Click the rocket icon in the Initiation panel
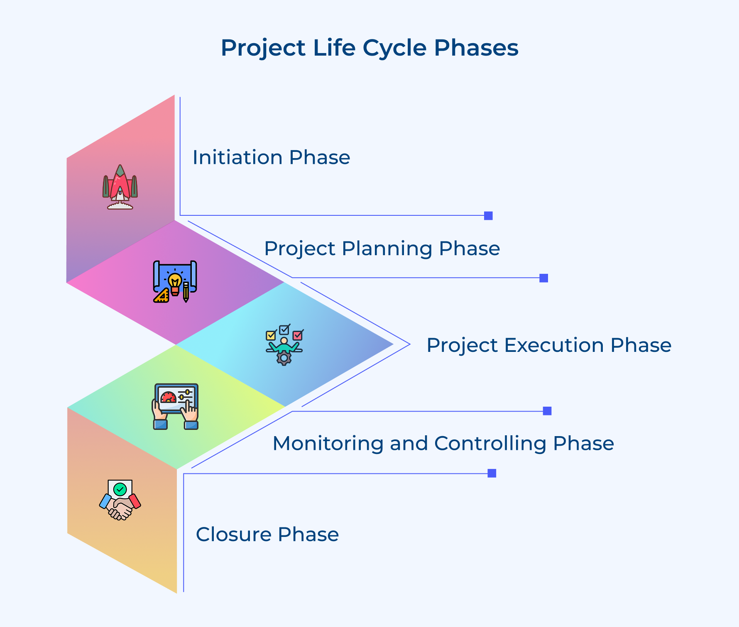pyautogui.click(x=120, y=187)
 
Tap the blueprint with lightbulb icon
pyautogui.click(x=175, y=281)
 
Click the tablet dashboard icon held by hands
pyautogui.click(x=176, y=406)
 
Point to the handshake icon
pyautogui.click(x=120, y=500)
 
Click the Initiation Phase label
pyautogui.click(x=271, y=158)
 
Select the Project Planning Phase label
pyautogui.click(x=382, y=249)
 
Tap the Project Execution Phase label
pyautogui.click(x=548, y=345)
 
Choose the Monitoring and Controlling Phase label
pyautogui.click(x=443, y=443)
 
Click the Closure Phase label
pyautogui.click(x=267, y=534)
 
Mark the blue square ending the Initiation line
pyautogui.click(x=488, y=216)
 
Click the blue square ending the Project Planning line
pyautogui.click(x=543, y=278)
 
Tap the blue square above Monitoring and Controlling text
pyautogui.click(x=547, y=411)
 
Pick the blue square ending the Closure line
pyautogui.click(x=492, y=473)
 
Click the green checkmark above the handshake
pyautogui.click(x=120, y=490)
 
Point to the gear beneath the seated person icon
pyautogui.click(x=284, y=358)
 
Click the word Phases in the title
pyautogui.click(x=476, y=48)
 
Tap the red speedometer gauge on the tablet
pyautogui.click(x=169, y=398)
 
